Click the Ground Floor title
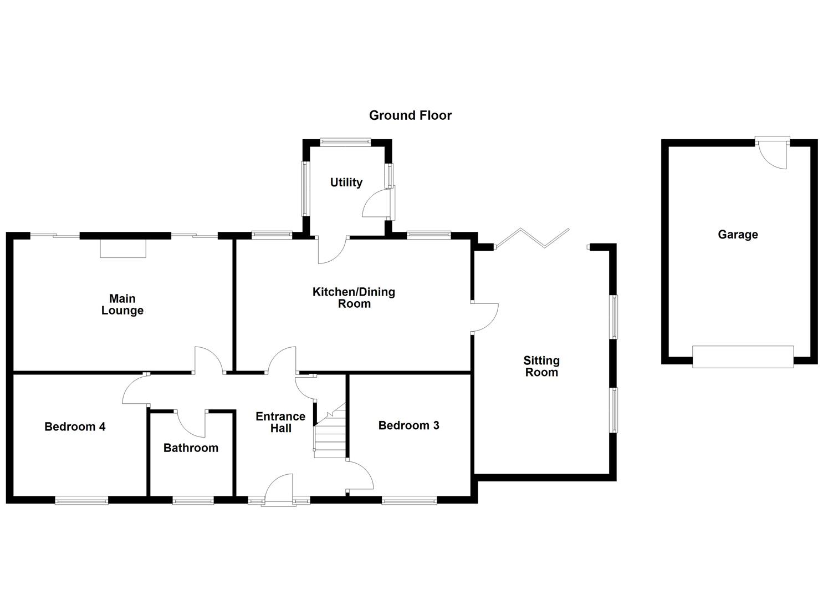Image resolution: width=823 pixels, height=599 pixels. [x=410, y=115]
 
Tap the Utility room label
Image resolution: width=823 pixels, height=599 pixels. [x=346, y=182]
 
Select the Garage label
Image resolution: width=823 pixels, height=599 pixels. [x=738, y=235]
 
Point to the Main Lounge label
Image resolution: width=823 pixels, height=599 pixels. [x=122, y=304]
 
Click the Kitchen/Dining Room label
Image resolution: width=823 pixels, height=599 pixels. [x=354, y=298]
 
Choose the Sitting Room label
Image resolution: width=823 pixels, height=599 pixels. [x=541, y=367]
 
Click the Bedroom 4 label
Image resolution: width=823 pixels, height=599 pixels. [x=75, y=427]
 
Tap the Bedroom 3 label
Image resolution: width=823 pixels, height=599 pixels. [x=409, y=425]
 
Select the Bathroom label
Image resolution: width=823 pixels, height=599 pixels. [x=191, y=448]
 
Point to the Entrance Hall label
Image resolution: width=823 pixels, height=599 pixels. [x=280, y=422]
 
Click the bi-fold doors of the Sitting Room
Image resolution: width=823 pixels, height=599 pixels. [x=532, y=238]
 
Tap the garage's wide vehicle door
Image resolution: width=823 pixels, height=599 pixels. [x=743, y=356]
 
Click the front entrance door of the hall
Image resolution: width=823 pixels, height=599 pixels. [x=279, y=490]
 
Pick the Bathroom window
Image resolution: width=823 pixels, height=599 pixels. [x=193, y=501]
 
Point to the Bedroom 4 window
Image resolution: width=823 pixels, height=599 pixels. [x=81, y=501]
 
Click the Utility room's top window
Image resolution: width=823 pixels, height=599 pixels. [x=345, y=142]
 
